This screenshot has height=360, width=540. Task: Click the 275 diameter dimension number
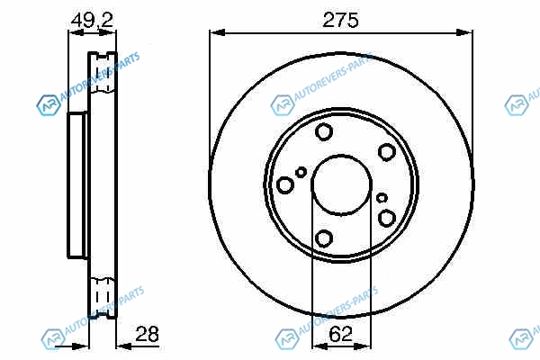[340, 20]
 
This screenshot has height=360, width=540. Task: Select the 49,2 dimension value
[92, 21]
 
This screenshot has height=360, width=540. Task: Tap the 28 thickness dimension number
[147, 334]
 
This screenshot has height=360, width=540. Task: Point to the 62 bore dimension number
[340, 334]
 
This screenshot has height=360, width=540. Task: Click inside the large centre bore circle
[341, 185]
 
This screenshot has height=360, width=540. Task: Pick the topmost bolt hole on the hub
[324, 131]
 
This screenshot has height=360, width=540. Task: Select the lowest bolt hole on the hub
[324, 238]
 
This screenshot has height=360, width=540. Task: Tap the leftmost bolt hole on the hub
[285, 185]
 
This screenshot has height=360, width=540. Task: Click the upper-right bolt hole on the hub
[386, 152]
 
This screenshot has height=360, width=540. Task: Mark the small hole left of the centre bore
[301, 172]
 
